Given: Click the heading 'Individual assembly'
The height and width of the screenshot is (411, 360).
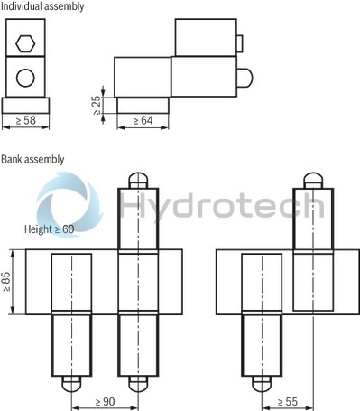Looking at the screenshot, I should tap(42, 6).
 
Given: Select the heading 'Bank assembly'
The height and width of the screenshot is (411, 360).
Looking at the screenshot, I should tap(33, 159).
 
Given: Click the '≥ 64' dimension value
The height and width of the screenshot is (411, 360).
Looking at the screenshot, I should tap(143, 119).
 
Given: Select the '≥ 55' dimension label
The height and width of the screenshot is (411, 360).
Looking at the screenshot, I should tap(287, 400).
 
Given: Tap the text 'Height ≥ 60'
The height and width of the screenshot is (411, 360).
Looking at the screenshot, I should tap(50, 229).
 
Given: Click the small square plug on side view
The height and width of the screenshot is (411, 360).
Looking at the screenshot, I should tap(239, 42).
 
